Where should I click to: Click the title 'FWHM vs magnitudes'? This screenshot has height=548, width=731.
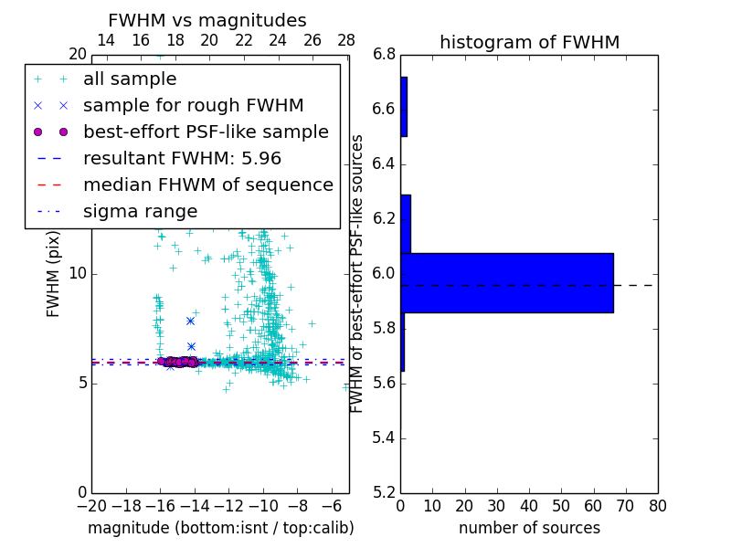207,21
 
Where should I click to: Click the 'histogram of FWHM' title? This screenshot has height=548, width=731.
529,42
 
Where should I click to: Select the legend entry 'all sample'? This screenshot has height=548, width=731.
130,79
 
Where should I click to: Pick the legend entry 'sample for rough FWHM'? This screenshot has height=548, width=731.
193,106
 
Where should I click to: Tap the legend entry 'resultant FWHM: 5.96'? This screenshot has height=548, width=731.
182,158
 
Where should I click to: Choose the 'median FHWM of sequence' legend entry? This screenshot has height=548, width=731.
207,184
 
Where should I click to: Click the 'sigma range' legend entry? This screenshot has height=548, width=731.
140,211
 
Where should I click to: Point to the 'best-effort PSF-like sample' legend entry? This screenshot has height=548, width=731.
206,132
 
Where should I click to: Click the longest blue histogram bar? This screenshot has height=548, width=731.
506,282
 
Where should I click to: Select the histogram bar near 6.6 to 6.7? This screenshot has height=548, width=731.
404,106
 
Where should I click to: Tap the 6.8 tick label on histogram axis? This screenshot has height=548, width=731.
385,55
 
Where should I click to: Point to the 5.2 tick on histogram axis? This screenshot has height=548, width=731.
385,492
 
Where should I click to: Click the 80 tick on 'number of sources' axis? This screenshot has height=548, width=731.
657,506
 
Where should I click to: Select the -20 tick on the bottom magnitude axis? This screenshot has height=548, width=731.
91,506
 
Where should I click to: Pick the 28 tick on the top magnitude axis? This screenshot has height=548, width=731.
346,39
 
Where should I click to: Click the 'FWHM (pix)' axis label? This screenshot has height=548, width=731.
54,273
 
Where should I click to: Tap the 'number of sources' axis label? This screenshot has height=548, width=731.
529,528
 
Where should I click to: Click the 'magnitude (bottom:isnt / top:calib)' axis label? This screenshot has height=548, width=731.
220,528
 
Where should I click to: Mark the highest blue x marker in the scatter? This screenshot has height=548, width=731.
190,321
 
